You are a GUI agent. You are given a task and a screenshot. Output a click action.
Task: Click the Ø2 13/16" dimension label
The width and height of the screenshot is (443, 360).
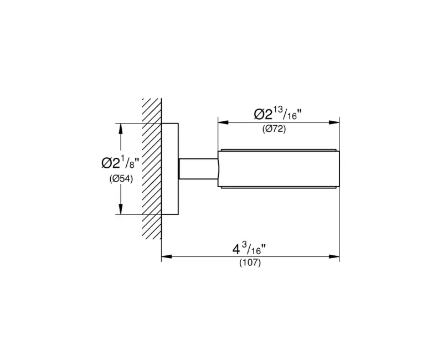pyautogui.click(x=278, y=114)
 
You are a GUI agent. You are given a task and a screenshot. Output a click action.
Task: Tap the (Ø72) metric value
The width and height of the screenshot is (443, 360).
pyautogui.click(x=274, y=129)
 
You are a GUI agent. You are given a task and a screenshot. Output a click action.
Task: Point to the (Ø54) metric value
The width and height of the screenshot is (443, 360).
pyautogui.click(x=121, y=178)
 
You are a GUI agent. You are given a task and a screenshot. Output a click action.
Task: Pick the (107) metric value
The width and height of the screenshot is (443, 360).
pyautogui.click(x=250, y=263)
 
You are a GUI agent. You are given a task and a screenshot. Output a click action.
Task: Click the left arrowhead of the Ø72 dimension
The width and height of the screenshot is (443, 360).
pyautogui.click(x=223, y=122)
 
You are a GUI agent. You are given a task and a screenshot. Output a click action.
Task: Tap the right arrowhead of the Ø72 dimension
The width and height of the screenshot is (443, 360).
pyautogui.click(x=334, y=122)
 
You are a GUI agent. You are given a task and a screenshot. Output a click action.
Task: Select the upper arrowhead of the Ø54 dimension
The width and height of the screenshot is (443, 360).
pyautogui.click(x=121, y=129)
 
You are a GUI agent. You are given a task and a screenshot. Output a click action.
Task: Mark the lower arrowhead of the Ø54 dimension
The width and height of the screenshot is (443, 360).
pyautogui.click(x=121, y=209)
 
